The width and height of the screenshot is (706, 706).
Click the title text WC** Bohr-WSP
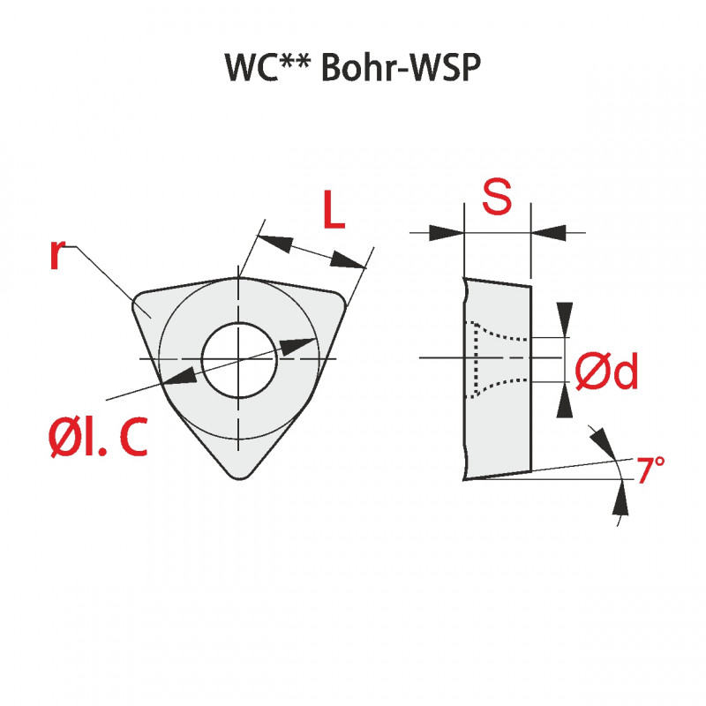click(352, 69)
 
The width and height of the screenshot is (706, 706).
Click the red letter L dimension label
click(332, 210)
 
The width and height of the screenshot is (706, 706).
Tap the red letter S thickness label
click(497, 199)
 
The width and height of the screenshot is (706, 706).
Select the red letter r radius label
click(56, 253)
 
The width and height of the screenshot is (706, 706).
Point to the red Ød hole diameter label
click(606, 374)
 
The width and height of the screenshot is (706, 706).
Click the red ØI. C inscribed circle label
click(97, 438)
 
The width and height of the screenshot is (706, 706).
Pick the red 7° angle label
click(650, 470)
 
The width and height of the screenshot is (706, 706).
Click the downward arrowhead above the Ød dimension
click(566, 317)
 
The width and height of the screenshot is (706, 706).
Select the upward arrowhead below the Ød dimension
click(566, 402)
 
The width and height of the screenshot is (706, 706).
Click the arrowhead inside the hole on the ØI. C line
click(300, 345)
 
